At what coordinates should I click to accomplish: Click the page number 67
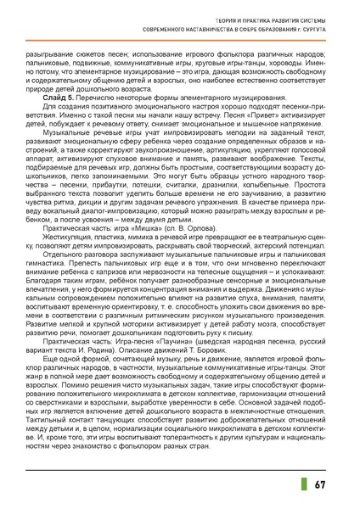(x=318, y=483)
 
